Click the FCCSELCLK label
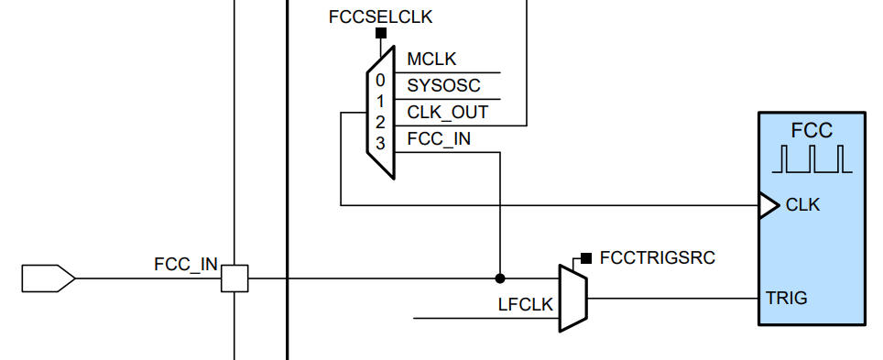tap(379, 16)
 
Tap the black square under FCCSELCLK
tap(380, 34)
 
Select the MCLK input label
tap(432, 60)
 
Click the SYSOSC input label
tap(443, 86)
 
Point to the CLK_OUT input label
tap(447, 113)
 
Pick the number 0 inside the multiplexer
tap(380, 80)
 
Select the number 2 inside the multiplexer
tap(380, 121)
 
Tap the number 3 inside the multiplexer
tap(380, 142)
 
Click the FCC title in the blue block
tap(812, 130)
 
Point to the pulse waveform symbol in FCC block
tap(812, 159)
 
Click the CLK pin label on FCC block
tap(802, 205)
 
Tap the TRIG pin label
tap(787, 299)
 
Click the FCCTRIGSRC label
tap(657, 257)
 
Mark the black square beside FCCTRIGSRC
tap(585, 257)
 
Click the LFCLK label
tap(525, 304)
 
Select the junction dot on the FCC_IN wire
tap(499, 278)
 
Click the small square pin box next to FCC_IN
tap(234, 278)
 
